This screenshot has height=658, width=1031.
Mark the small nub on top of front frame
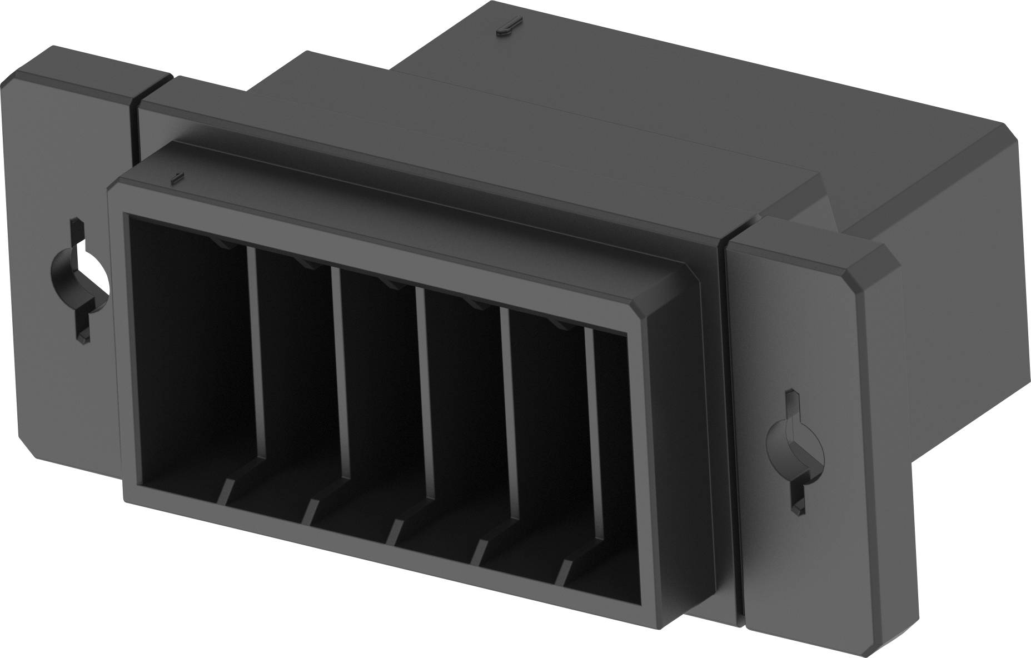pyautogui.click(x=176, y=178)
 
